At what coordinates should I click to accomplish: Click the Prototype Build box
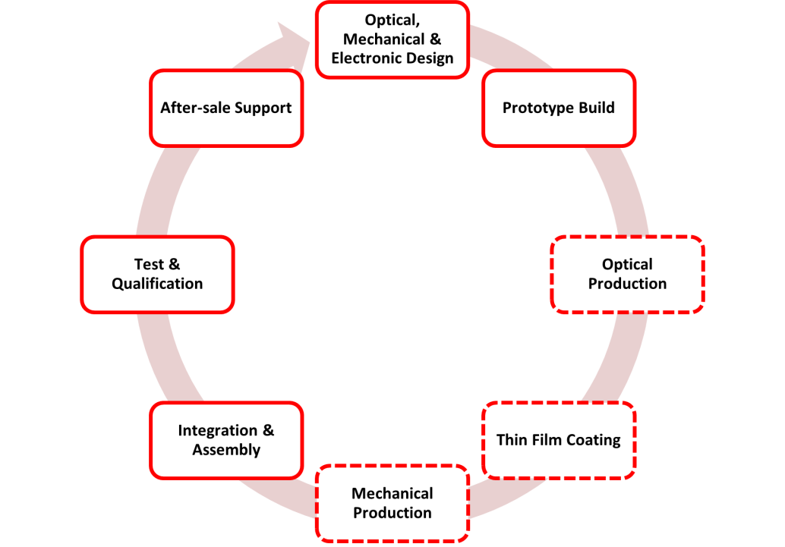[559, 108]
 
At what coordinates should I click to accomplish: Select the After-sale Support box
[226, 108]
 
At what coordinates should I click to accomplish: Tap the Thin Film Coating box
[559, 440]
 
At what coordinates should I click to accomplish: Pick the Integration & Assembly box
[226, 440]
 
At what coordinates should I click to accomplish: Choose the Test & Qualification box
[157, 274]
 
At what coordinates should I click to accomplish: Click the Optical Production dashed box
[627, 274]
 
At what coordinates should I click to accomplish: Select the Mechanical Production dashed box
[392, 503]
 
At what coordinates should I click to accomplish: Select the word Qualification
[157, 284]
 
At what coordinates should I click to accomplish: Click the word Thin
[510, 440]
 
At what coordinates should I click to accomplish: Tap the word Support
[263, 108]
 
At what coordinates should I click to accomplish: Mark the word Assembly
[226, 450]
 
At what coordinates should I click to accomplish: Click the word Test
[149, 265]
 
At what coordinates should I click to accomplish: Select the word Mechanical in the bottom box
[392, 494]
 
